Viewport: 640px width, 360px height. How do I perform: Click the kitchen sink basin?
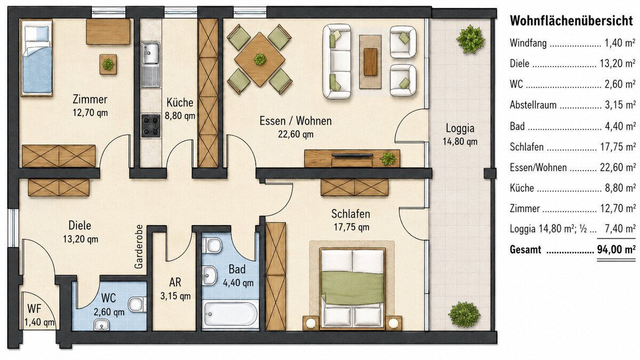[150, 53]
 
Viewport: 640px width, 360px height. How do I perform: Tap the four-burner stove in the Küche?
[150, 125]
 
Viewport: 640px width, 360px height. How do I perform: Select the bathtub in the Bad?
[230, 314]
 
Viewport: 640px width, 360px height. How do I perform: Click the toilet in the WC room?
[137, 305]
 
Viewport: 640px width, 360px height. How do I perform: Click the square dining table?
[259, 59]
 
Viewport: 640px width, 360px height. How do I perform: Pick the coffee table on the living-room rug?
[370, 62]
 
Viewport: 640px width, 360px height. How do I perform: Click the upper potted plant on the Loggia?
[470, 39]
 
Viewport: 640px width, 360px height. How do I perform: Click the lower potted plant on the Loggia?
[464, 315]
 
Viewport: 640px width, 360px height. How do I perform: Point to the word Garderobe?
[139, 246]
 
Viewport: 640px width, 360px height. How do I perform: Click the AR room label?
[175, 282]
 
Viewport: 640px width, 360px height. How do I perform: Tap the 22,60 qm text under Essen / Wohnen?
[295, 134]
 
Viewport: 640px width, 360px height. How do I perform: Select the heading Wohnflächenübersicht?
[571, 21]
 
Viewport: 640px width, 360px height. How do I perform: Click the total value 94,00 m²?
[617, 250]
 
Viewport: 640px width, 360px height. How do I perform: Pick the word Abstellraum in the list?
[533, 105]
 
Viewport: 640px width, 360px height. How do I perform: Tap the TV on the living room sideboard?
[353, 155]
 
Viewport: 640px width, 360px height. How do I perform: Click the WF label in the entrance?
[34, 309]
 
